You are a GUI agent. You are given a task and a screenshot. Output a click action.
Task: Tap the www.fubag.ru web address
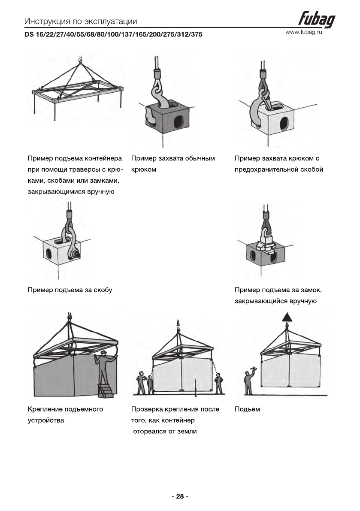pos(303,32)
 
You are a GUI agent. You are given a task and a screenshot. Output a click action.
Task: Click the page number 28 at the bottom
pos(180,496)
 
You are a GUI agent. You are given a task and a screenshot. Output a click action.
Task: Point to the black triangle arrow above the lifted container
pos(287,318)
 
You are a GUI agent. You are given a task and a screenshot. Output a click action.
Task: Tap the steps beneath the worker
pos(107,390)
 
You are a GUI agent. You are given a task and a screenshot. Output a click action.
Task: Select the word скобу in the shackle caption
pos(103,290)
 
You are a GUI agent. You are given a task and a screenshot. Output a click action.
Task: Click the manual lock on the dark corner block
pos(265,247)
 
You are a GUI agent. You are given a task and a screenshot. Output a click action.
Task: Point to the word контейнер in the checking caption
pos(175,420)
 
